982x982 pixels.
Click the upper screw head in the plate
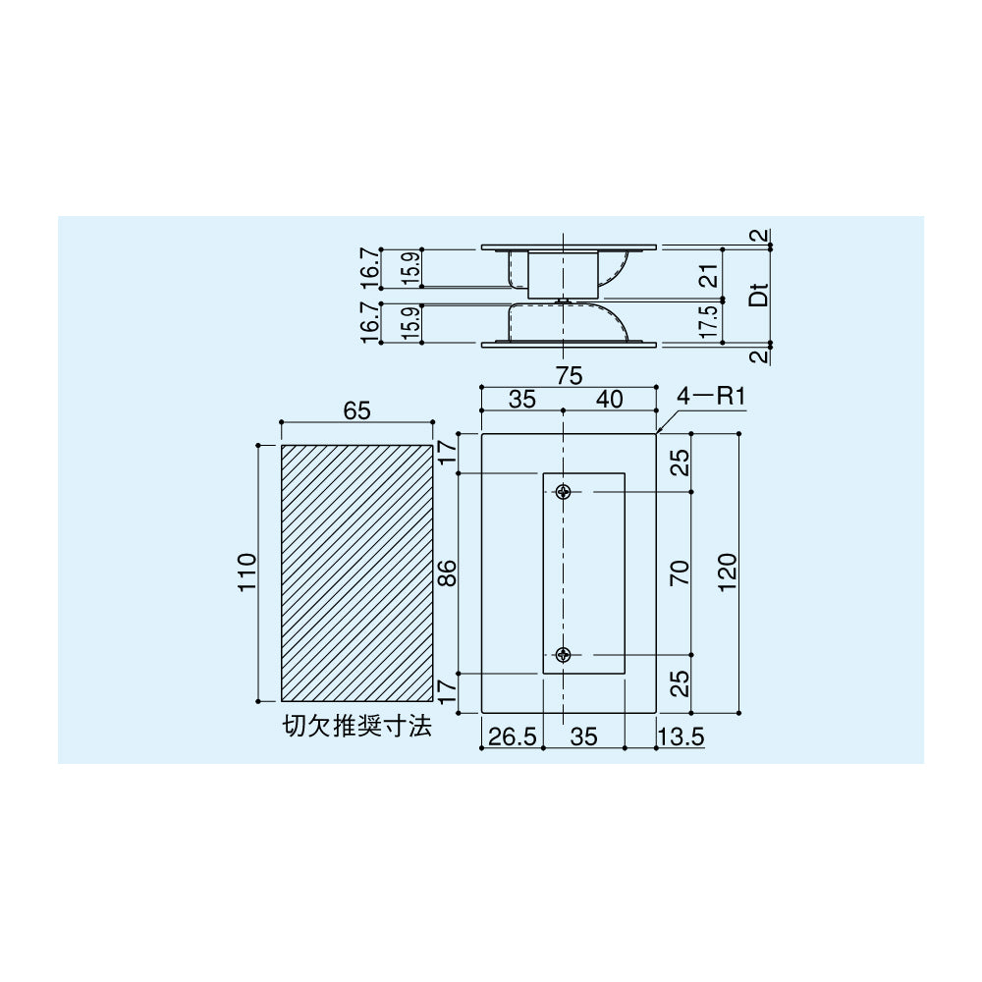[565, 492]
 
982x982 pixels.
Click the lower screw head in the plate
[565, 655]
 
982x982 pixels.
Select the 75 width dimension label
[569, 376]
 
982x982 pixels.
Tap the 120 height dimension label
[727, 573]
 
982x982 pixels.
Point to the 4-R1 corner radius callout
[711, 399]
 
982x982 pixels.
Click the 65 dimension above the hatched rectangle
[357, 410]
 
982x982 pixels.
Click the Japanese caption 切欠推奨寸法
[357, 727]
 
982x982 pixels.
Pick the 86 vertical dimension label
[448, 573]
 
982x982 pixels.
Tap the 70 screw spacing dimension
[681, 573]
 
